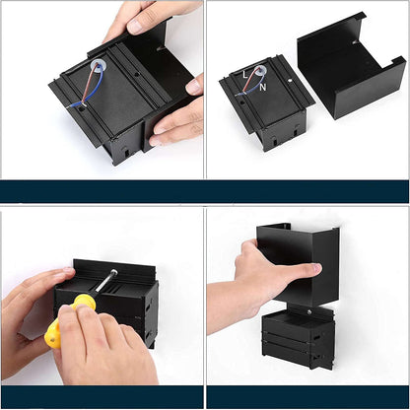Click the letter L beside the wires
click(x=245, y=75)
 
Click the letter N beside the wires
click(x=263, y=87)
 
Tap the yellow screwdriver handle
click(x=67, y=320)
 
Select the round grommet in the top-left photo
click(x=98, y=64)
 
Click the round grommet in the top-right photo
click(x=260, y=69)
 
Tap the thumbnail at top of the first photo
click(x=135, y=26)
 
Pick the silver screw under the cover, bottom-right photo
click(x=309, y=311)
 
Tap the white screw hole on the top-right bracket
click(x=290, y=80)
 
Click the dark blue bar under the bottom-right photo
click(x=307, y=397)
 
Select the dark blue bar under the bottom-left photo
click(x=102, y=397)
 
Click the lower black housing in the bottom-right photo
click(x=299, y=339)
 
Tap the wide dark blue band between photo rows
click(x=204, y=191)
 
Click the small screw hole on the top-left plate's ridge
click(x=137, y=74)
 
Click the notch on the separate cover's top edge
click(x=356, y=42)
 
